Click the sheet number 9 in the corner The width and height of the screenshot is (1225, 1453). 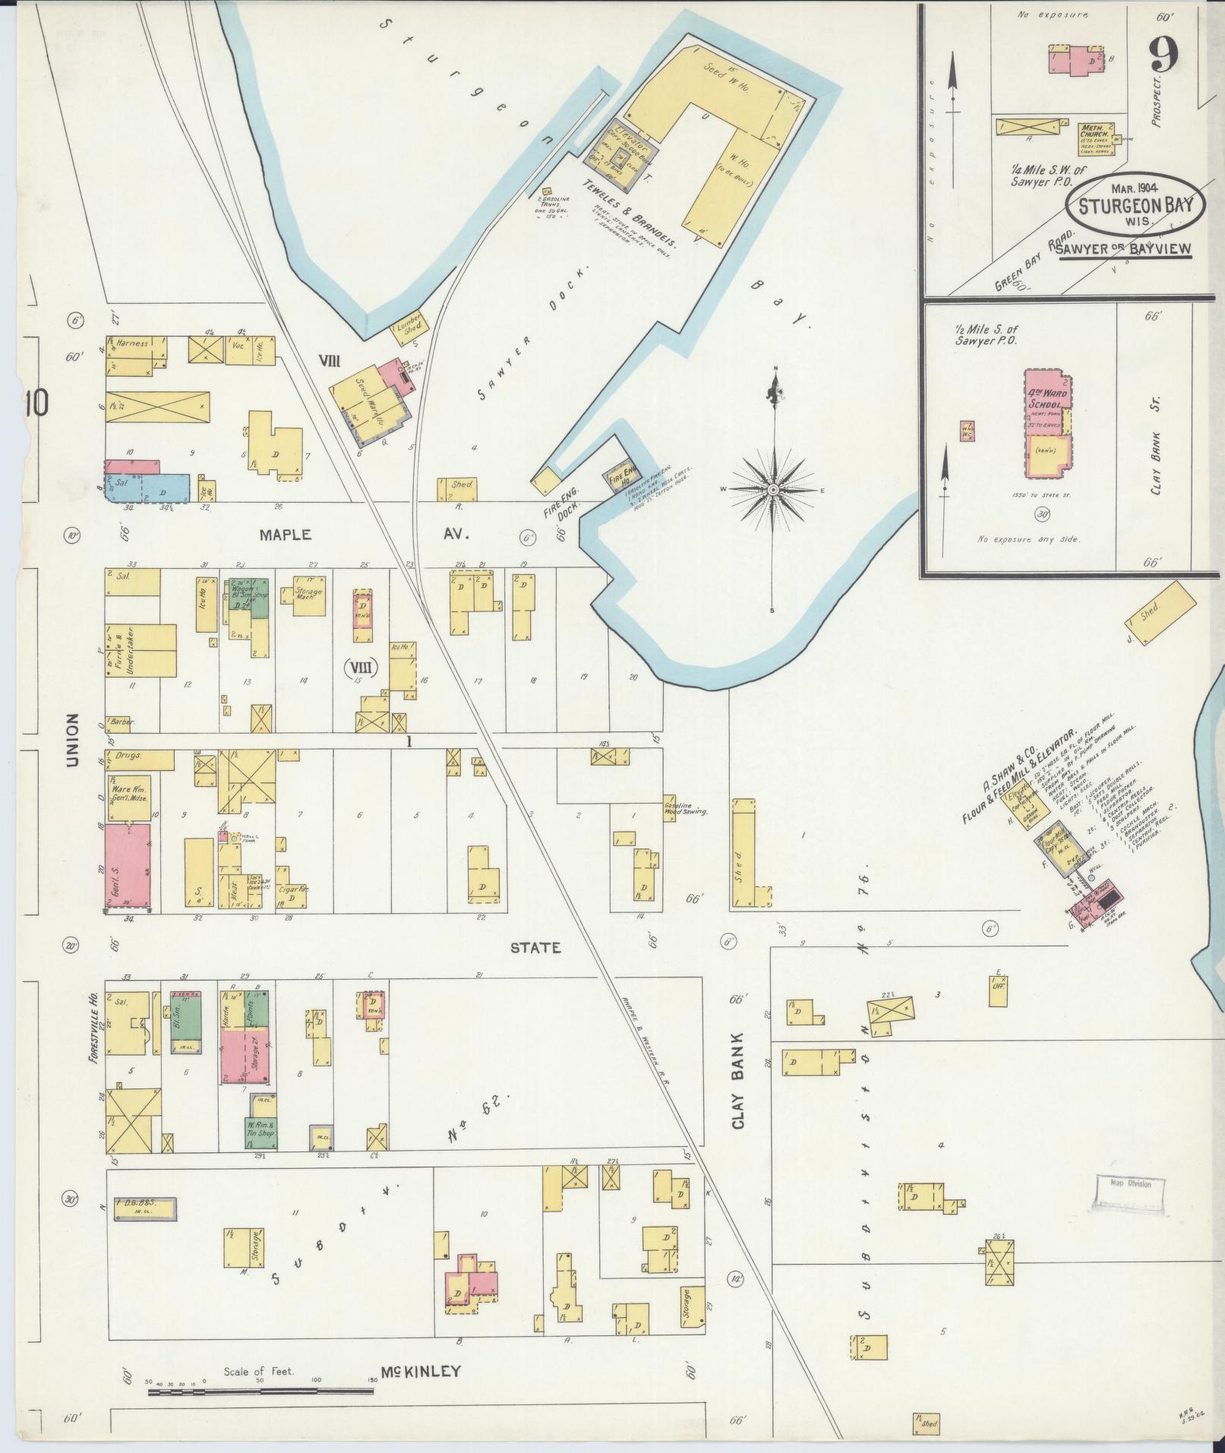1163,55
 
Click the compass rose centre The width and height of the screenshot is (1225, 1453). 773,490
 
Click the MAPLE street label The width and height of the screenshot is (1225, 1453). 285,535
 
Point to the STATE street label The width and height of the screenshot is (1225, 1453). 535,947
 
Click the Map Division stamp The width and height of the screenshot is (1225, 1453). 1130,1205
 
